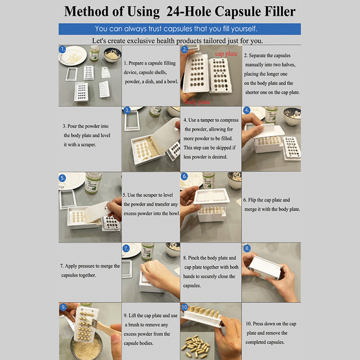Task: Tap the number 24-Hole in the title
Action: [189, 12]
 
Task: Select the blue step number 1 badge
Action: [62, 49]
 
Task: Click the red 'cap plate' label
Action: [226, 54]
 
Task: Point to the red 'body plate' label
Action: [198, 102]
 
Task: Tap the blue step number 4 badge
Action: [247, 110]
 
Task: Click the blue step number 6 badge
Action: [184, 176]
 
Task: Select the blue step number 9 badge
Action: [63, 307]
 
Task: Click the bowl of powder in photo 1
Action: [112, 54]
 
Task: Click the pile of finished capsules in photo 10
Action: [196, 346]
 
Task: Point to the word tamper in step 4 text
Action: [207, 120]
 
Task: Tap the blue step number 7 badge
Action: [126, 248]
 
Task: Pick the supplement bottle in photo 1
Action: [94, 53]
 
